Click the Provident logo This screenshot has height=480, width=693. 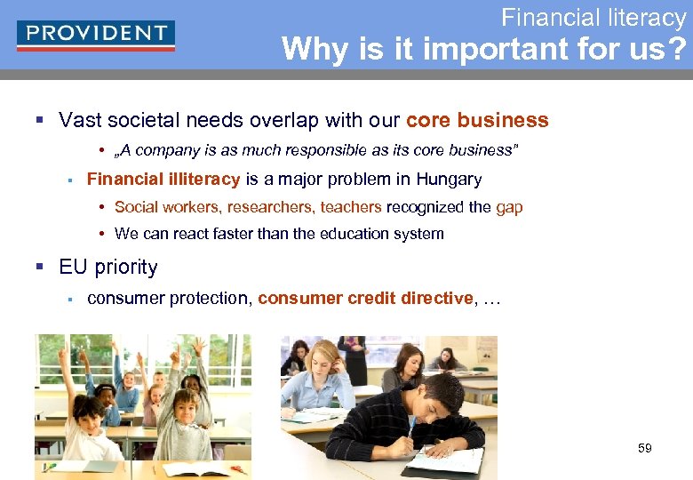(x=96, y=35)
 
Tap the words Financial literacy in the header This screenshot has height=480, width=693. (x=593, y=17)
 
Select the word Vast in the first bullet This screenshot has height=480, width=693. (x=78, y=120)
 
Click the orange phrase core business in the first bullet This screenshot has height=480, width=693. (x=477, y=120)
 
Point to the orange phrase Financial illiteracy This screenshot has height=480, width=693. (x=163, y=180)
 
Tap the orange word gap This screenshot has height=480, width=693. (x=509, y=207)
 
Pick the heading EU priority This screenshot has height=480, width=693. (x=108, y=267)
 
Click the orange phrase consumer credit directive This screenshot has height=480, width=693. (x=365, y=299)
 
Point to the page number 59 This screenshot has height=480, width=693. (x=645, y=448)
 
